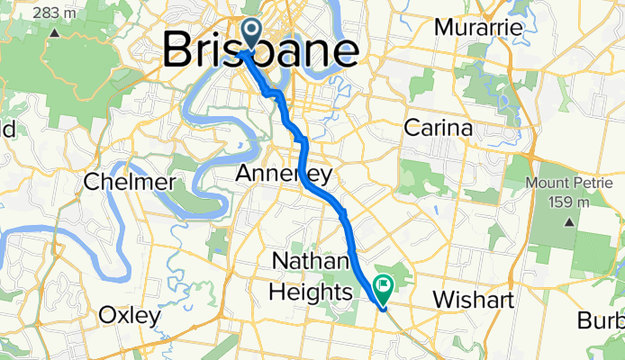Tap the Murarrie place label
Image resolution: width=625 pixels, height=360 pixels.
coord(478,28)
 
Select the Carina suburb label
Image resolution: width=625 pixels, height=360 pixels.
coord(438,128)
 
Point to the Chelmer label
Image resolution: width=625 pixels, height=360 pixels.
coord(128,183)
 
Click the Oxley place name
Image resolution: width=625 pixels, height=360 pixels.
coord(130,316)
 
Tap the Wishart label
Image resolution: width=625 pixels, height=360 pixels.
coord(472,298)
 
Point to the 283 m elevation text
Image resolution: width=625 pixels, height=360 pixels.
coord(53,13)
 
